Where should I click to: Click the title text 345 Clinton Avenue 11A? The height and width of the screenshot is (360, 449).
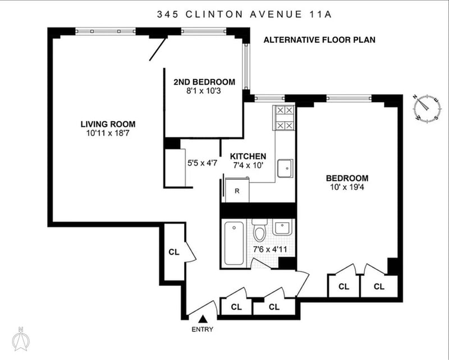pyautogui.click(x=244, y=15)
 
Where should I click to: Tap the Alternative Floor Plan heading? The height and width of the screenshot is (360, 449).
pyautogui.click(x=319, y=40)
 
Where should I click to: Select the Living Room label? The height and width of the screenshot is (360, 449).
pyautogui.click(x=108, y=124)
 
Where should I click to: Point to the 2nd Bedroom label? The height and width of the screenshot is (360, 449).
pyautogui.click(x=204, y=82)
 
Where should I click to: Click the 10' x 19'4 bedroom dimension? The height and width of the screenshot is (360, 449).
pyautogui.click(x=347, y=187)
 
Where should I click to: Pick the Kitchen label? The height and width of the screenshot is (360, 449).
pyautogui.click(x=248, y=156)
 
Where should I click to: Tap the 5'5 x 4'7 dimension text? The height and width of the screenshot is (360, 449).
pyautogui.click(x=202, y=163)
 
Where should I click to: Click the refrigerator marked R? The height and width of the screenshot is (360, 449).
pyautogui.click(x=237, y=190)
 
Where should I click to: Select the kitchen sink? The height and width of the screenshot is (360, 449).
pyautogui.click(x=285, y=169)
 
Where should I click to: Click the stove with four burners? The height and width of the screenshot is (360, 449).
pyautogui.click(x=285, y=118)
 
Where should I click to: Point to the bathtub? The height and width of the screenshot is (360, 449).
pyautogui.click(x=234, y=243)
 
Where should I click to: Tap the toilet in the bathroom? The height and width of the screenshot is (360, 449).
pyautogui.click(x=260, y=230)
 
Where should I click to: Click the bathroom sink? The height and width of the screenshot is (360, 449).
pyautogui.click(x=282, y=228)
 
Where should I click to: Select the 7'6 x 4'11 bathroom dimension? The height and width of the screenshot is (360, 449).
pyautogui.click(x=270, y=250)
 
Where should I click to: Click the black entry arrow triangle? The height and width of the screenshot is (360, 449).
pyautogui.click(x=203, y=319)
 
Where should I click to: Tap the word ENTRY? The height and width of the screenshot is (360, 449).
pyautogui.click(x=203, y=329)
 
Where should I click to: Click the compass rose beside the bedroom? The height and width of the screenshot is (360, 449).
pyautogui.click(x=427, y=108)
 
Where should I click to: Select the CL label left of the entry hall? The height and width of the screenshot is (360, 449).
pyautogui.click(x=174, y=252)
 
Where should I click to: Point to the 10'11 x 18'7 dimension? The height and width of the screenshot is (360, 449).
pyautogui.click(x=108, y=133)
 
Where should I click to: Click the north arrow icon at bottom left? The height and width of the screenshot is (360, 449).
pyautogui.click(x=21, y=339)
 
